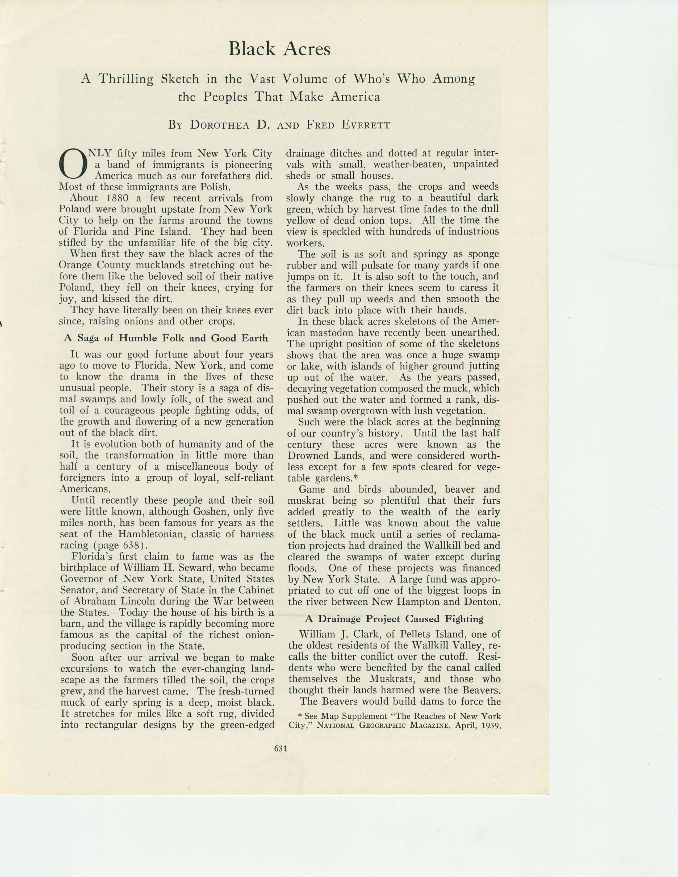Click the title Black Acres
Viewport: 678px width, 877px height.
point(279,49)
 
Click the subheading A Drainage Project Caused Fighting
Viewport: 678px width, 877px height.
point(394,619)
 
